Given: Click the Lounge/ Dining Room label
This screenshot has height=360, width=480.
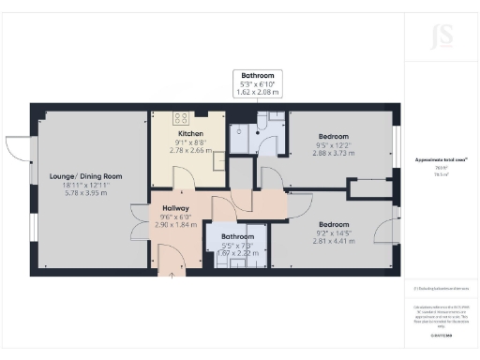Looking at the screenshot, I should (x=73, y=176).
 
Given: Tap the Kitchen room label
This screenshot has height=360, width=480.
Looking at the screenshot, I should (x=184, y=132).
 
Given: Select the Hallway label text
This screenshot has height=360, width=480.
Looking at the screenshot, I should (x=175, y=207).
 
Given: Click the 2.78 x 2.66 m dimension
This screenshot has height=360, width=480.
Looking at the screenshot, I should (x=184, y=149).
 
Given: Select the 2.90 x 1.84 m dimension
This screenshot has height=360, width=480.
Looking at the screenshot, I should (x=175, y=225).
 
